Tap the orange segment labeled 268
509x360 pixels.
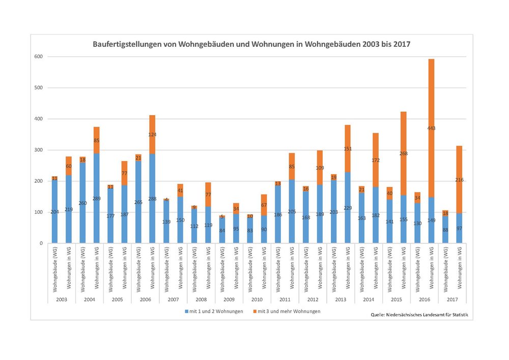(x=403, y=153)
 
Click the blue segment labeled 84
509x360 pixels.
(x=222, y=230)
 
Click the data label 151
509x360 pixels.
(x=348, y=149)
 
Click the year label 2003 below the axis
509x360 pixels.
(x=61, y=299)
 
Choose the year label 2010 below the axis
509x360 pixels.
(x=256, y=299)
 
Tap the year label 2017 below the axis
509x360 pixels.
(x=452, y=299)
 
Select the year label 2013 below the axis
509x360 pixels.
(x=340, y=299)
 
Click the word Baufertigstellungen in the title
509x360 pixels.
(x=128, y=44)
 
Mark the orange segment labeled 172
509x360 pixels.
(x=376, y=160)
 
